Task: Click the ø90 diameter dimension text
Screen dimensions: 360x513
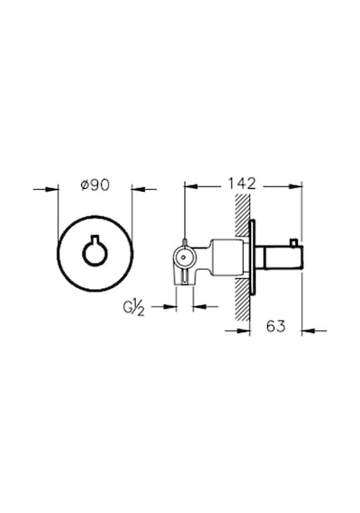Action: (95, 185)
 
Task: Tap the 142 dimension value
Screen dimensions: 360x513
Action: (242, 184)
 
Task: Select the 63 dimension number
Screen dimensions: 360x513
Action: (275, 326)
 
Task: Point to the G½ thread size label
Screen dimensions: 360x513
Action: (133, 308)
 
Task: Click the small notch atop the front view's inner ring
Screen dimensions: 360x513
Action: (94, 238)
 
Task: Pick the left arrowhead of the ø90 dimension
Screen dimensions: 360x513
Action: (51, 189)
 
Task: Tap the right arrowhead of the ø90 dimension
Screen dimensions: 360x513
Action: (139, 189)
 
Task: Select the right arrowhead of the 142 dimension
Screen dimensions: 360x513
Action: (295, 186)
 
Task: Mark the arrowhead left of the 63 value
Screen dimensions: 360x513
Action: (244, 331)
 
